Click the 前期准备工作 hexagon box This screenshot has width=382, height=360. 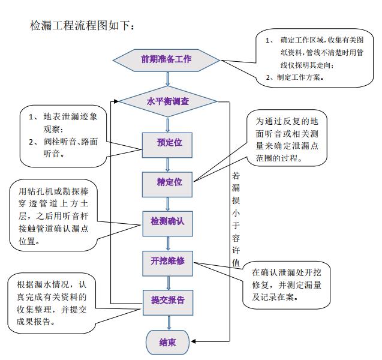(166, 60)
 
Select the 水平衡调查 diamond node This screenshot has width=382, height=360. (168, 101)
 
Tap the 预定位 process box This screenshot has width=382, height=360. (169, 143)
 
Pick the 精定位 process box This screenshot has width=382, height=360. (169, 181)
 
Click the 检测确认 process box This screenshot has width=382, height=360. (167, 221)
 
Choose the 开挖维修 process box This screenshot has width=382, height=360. (167, 260)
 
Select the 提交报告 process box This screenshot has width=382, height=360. (167, 300)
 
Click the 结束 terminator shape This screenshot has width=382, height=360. (167, 342)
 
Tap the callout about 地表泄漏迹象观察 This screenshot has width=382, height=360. (66, 136)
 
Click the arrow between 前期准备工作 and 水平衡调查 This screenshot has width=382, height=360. (167, 79)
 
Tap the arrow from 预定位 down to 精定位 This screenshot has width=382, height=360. (168, 163)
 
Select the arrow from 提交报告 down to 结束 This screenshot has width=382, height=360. (168, 322)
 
